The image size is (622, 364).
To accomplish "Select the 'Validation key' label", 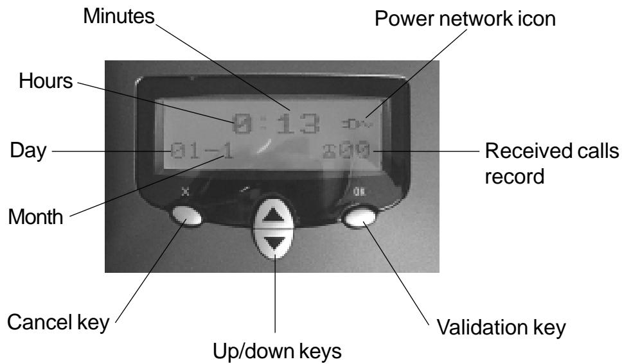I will coord(510,329).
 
